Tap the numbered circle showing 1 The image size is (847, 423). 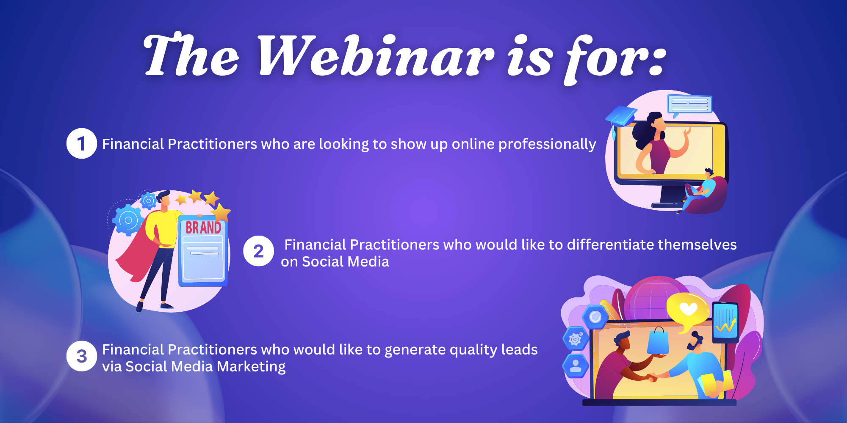point(82,143)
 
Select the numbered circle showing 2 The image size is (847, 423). point(259,251)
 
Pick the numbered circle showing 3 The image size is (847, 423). point(82,356)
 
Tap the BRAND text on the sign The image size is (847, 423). point(203,228)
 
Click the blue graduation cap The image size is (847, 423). point(621,117)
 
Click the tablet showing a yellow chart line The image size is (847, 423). point(725,322)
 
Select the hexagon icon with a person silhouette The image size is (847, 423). point(576,365)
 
